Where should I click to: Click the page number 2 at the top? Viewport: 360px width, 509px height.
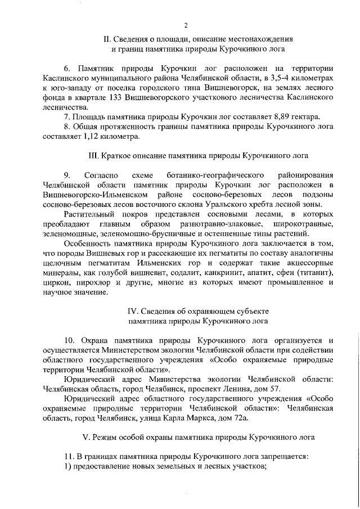point(185,24)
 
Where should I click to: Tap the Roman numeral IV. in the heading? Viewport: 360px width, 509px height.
point(133,310)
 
